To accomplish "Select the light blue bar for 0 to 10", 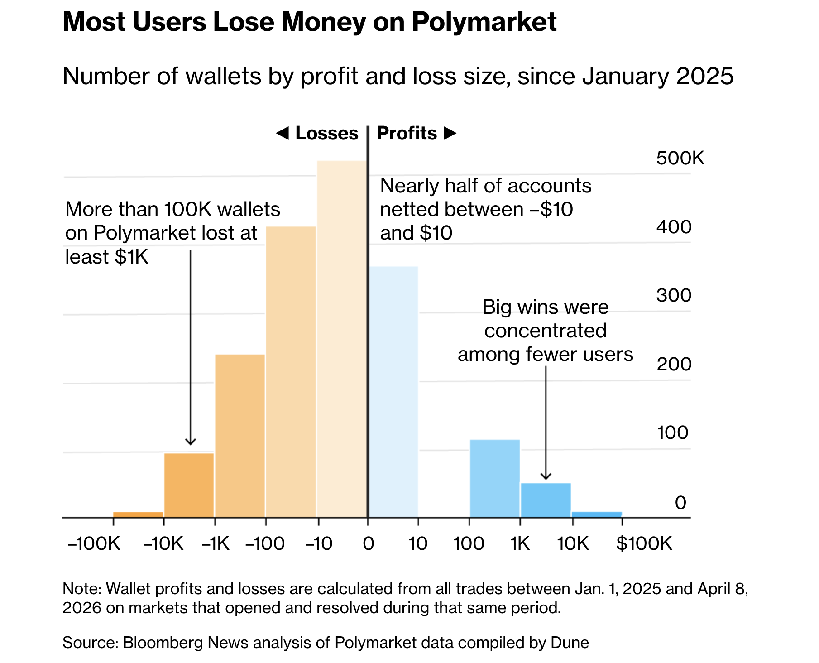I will point(393,392).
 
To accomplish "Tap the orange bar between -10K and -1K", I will point(189,485).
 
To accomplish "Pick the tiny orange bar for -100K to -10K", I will point(138,514).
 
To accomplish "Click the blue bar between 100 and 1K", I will point(495,478).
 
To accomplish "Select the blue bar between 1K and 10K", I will point(546,500).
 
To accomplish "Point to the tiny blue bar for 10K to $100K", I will point(597,514).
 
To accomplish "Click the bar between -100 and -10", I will point(291,371).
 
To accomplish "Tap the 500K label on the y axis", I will point(680,159).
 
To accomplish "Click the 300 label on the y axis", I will point(674,296).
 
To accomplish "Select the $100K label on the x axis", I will point(644,543).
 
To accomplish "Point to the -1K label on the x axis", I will point(216,543).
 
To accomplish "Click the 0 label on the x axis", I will point(368,543).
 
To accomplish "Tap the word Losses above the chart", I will point(326,134).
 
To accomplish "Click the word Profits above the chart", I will point(407,134).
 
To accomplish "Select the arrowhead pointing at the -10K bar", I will point(191,442).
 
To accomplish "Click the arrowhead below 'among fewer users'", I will point(546,476).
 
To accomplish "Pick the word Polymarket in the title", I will point(484,22).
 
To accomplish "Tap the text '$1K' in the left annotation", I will point(132,257).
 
